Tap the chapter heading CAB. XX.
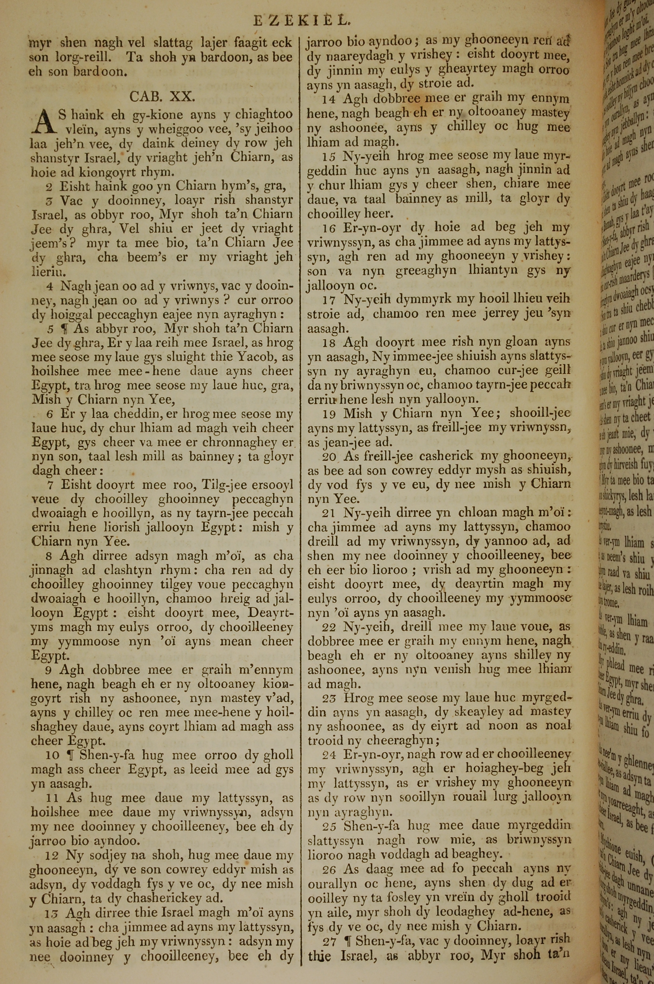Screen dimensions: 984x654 (162, 97)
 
